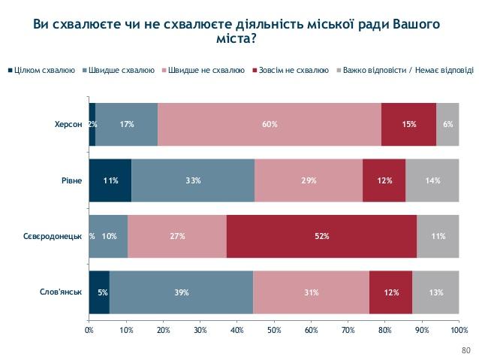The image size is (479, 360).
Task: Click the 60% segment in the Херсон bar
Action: coord(270,124)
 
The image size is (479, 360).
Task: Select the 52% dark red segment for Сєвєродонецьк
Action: coord(321,236)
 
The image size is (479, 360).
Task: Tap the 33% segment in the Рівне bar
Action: coord(193,180)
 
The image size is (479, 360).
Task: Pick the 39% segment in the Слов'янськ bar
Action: coord(181,292)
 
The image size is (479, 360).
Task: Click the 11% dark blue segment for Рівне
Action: coord(110,180)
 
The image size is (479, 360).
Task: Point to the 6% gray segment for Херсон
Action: coord(447,124)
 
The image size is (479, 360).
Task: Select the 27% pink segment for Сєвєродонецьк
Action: coord(176,236)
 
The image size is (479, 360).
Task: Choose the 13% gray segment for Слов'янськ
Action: coord(435,292)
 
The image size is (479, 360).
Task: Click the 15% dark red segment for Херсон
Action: coord(408,124)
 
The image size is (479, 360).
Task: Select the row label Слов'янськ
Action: coord(61,292)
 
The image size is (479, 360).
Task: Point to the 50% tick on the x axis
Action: coord(274,329)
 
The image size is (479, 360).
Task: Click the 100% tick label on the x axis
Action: coord(458,329)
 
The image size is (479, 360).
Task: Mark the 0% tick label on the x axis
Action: coord(89,329)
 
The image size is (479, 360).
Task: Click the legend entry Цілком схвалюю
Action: coord(44,71)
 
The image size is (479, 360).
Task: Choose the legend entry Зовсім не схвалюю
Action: coord(293,71)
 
